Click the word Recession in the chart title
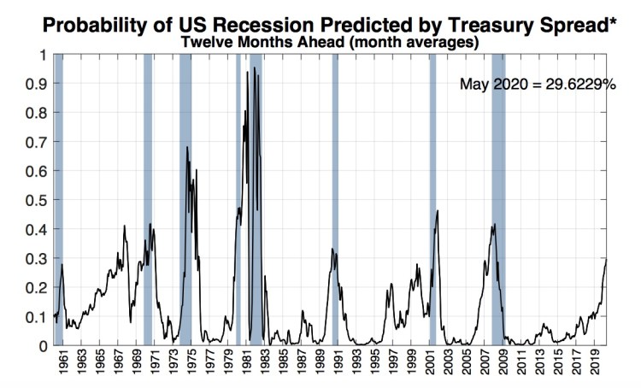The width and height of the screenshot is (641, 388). click(x=278, y=23)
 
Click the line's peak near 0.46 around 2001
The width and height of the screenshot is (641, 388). click(x=437, y=211)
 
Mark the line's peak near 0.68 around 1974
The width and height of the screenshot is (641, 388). click(x=187, y=148)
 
